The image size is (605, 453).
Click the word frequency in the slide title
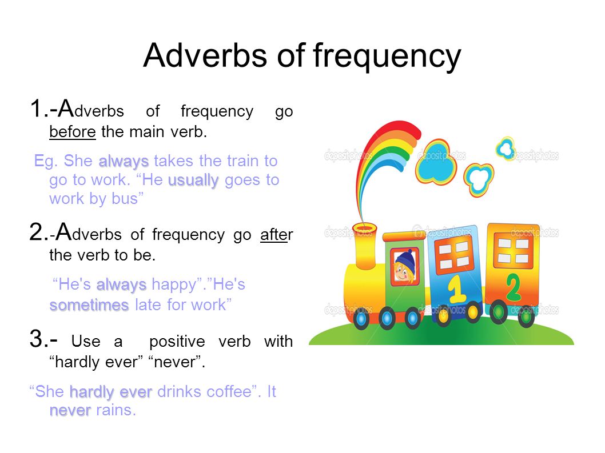click(387, 57)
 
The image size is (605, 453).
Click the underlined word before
click(73, 132)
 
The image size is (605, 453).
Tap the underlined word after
click(277, 234)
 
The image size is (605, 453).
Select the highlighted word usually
click(193, 180)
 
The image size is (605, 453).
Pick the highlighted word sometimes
click(89, 305)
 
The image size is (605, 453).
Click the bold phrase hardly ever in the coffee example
click(111, 392)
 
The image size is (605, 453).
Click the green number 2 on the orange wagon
click(513, 287)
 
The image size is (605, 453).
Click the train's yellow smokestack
click(365, 246)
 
